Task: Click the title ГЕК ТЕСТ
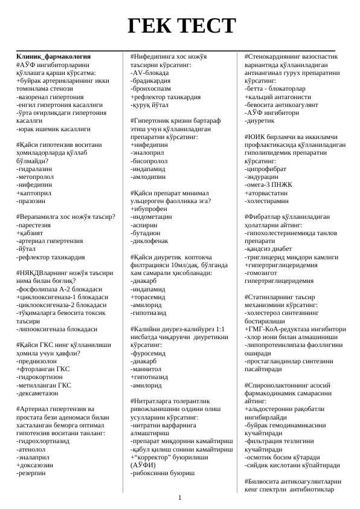tap(180, 26)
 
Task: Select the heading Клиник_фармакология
tap(54, 55)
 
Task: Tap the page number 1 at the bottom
tap(180, 498)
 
